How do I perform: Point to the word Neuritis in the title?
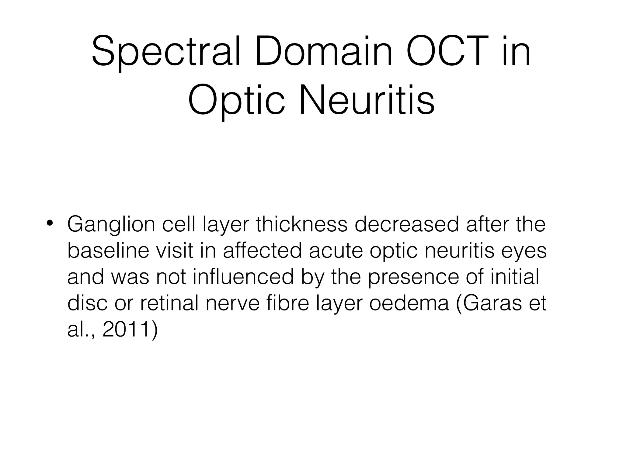pos(367,100)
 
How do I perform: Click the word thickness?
pos(301,224)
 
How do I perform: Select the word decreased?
pos(406,224)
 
